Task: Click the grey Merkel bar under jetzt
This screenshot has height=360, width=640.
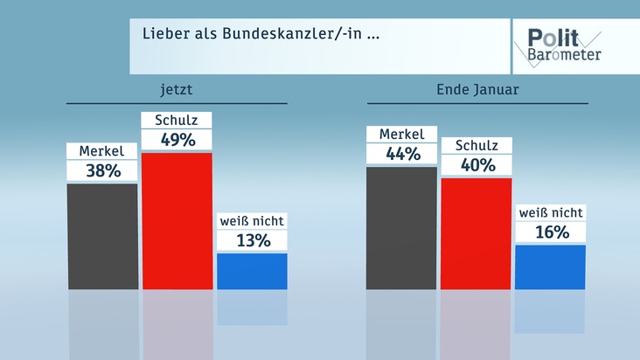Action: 102,236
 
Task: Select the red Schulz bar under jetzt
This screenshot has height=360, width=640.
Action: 177,220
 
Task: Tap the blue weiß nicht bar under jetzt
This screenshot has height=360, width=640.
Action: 252,271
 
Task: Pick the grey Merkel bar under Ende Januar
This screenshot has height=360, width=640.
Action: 401,227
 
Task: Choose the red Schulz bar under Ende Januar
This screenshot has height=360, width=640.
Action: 477,232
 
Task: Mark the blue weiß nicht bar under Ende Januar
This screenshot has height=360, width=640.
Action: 551,267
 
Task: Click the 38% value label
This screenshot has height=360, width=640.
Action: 102,171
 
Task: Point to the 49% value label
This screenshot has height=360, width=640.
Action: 177,140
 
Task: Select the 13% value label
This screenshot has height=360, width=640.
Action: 252,240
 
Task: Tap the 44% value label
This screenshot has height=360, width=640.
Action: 402,154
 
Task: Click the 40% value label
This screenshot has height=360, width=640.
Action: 477,165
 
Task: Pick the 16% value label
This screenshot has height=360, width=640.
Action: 551,232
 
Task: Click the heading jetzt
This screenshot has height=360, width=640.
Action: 177,89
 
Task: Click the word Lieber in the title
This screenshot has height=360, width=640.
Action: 164,37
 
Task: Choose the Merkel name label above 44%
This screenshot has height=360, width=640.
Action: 402,135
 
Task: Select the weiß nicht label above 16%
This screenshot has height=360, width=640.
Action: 551,213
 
